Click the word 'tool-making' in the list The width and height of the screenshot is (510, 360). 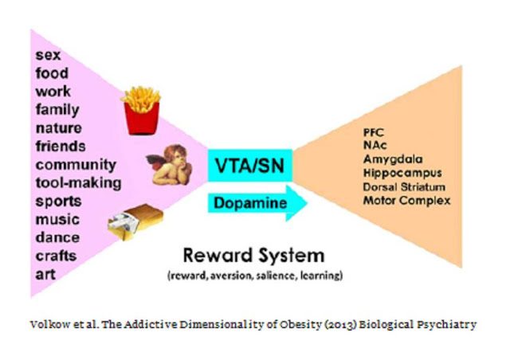click(79, 182)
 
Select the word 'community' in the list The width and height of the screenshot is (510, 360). click(76, 165)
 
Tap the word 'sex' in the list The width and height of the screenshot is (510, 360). click(49, 56)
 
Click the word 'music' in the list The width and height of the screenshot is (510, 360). click(58, 219)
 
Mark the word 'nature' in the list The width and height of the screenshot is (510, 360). click(59, 128)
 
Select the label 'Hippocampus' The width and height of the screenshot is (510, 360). click(402, 173)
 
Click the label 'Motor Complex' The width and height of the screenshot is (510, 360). click(406, 200)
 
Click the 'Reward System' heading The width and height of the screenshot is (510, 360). click(254, 256)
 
